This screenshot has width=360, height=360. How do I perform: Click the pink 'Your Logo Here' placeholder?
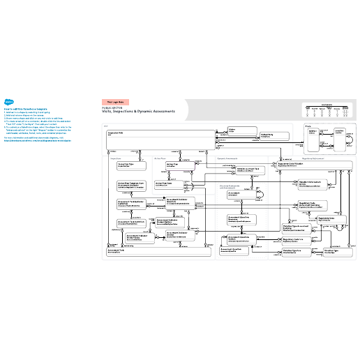tap(116, 102)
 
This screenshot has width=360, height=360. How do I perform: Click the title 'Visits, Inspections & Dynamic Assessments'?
tap(139, 112)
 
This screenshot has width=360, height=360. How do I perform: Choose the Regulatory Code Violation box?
tap(308, 165)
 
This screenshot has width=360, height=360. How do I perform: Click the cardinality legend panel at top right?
tap(327, 109)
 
